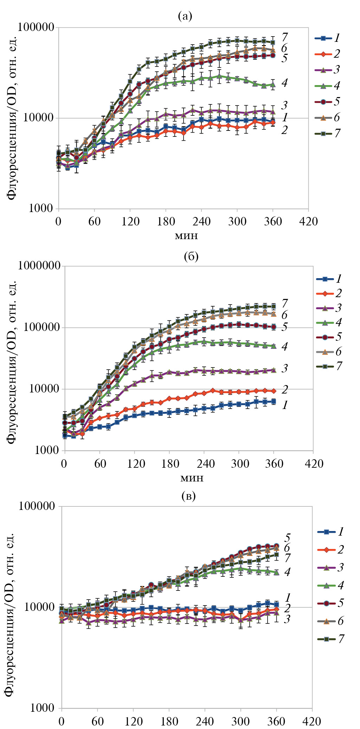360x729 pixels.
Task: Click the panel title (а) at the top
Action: tap(185, 16)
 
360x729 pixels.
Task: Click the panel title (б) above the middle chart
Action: tap(191, 256)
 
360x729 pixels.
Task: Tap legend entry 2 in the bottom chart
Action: tap(330, 549)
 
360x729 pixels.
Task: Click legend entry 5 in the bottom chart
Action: tap(330, 603)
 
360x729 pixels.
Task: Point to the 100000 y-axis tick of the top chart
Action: tap(36, 27)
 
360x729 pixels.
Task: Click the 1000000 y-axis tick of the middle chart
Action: tap(39, 266)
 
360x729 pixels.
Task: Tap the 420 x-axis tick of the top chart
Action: tap(308, 222)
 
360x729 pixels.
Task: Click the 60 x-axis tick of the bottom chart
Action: tap(97, 721)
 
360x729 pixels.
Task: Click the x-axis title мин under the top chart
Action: tap(186, 235)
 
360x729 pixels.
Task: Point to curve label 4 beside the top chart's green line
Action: tap(284, 83)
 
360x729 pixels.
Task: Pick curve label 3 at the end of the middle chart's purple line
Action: tap(284, 368)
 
